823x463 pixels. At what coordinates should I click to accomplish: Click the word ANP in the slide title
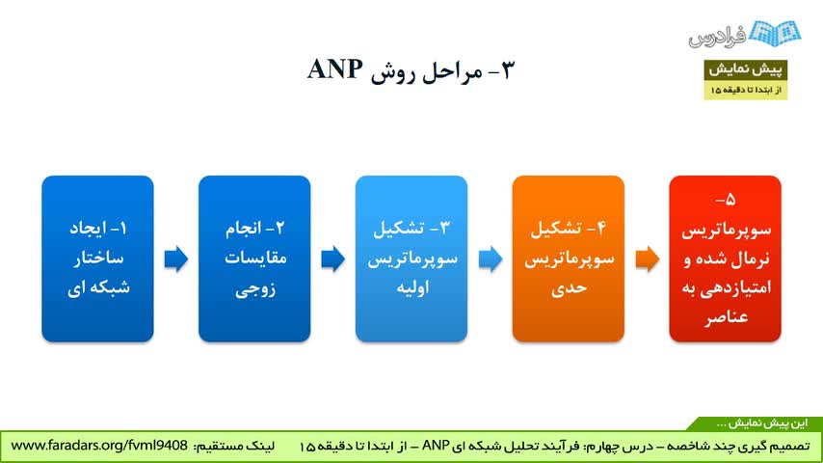[x=334, y=69]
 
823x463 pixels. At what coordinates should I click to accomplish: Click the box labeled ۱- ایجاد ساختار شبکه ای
[x=97, y=259]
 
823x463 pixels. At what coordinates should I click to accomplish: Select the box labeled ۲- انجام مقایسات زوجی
[x=254, y=259]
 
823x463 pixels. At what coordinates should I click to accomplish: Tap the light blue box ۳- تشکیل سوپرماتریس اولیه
[x=411, y=259]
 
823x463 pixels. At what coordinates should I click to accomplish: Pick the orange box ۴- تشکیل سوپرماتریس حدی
[x=569, y=259]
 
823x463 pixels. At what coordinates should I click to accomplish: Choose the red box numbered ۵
[x=726, y=259]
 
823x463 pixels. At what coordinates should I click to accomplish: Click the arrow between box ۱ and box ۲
[x=176, y=259]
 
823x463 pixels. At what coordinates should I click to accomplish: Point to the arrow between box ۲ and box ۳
[x=333, y=259]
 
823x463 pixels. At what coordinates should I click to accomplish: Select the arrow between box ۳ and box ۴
[x=491, y=259]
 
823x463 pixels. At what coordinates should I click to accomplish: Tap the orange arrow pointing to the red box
[x=648, y=259]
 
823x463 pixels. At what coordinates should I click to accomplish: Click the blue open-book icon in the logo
[x=775, y=33]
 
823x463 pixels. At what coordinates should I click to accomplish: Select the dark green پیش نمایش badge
[x=745, y=69]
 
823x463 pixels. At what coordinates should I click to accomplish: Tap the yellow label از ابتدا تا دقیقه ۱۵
[x=745, y=90]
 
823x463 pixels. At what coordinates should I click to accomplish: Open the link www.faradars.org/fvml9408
[x=99, y=446]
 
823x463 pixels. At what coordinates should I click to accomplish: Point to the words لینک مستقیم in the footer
[x=234, y=447]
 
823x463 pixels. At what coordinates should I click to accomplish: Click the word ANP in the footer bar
[x=436, y=446]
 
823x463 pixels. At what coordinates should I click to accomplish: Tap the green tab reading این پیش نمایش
[x=762, y=423]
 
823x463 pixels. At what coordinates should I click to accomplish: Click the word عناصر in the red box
[x=726, y=317]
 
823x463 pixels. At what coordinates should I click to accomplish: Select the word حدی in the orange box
[x=569, y=288]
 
